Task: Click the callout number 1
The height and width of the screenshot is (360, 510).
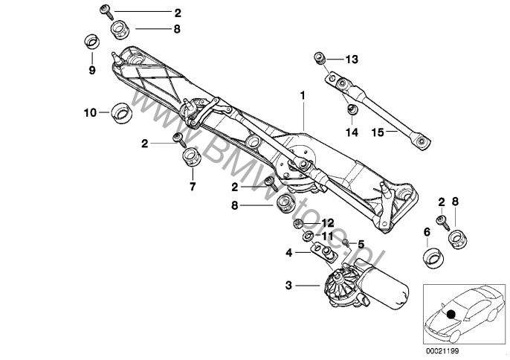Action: click(x=303, y=96)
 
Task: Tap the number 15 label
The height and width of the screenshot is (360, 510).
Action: click(x=377, y=132)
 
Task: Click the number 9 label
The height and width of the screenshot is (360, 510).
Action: click(x=92, y=71)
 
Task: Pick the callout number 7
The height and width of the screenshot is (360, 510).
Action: click(x=192, y=187)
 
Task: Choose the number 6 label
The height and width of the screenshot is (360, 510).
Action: click(x=427, y=232)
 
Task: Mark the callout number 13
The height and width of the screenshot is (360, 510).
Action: click(x=352, y=58)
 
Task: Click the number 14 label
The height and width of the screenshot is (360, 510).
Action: click(x=352, y=132)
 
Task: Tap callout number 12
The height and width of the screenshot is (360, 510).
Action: click(x=328, y=222)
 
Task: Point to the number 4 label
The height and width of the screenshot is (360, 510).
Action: click(x=289, y=252)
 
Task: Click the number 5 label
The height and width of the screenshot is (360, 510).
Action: click(x=361, y=244)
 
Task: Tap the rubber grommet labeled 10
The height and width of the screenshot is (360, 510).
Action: click(x=120, y=113)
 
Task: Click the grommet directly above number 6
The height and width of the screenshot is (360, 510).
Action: click(x=430, y=258)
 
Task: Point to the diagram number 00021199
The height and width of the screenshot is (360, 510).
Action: click(x=441, y=350)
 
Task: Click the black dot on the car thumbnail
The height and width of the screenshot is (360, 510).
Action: click(x=450, y=314)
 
